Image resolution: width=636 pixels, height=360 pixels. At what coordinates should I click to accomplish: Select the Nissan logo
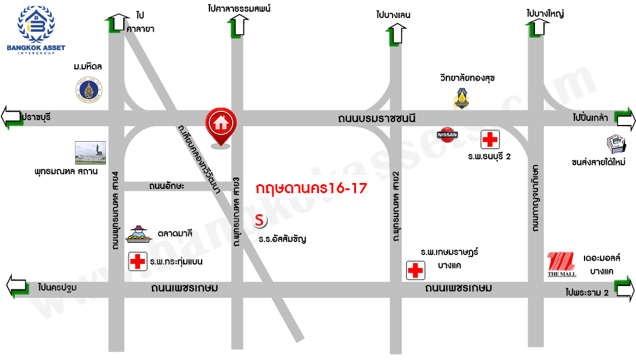click(448, 135)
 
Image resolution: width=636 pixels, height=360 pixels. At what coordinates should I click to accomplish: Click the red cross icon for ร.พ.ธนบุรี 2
click(490, 140)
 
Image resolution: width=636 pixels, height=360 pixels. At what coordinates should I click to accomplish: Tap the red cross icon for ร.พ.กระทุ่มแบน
click(138, 261)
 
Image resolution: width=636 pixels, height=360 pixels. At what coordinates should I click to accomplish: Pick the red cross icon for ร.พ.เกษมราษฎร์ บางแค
click(415, 270)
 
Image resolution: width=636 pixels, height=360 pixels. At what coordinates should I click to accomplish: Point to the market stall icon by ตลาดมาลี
click(139, 234)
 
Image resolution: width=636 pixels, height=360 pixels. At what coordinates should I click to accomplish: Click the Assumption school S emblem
click(260, 220)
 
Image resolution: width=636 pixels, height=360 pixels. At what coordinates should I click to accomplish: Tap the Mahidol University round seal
click(89, 91)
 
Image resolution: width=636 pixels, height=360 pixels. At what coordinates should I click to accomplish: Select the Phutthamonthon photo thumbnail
click(90, 152)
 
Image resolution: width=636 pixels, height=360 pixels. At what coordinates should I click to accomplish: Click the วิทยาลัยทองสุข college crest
click(461, 99)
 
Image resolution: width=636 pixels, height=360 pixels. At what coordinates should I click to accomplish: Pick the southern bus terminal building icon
click(615, 144)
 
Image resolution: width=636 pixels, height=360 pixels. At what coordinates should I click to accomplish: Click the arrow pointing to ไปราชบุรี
click(13, 117)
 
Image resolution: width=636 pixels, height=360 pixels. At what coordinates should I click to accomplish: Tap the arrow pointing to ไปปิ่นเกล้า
click(625, 120)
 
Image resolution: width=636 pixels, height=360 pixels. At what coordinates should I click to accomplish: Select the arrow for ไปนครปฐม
click(16, 286)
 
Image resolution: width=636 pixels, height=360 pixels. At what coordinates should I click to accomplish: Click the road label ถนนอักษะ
click(167, 187)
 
